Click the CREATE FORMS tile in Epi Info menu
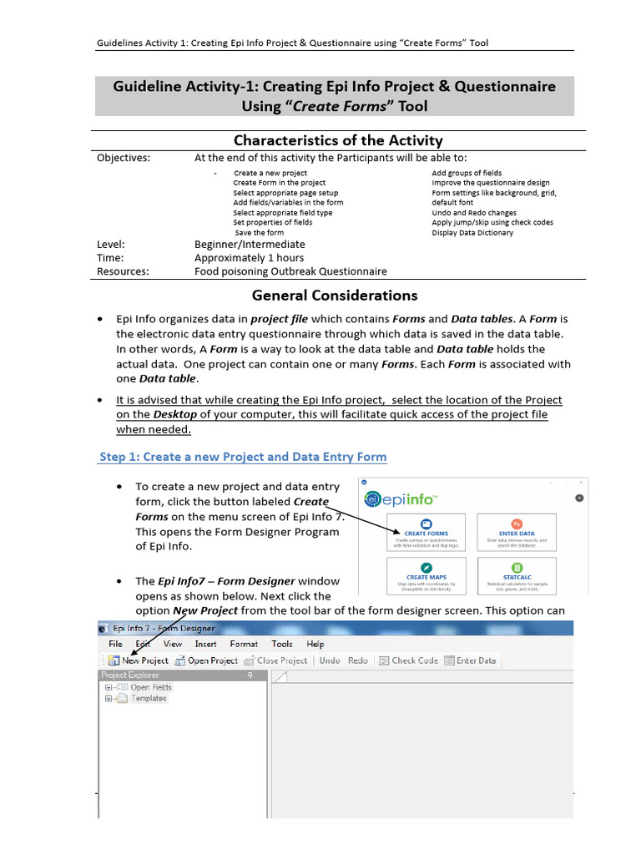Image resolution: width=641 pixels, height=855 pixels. tap(426, 532)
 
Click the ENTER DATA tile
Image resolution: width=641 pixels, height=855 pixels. tap(516, 532)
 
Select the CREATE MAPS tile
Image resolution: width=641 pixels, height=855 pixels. tap(426, 576)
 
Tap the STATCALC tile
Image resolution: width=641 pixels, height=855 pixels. tap(516, 576)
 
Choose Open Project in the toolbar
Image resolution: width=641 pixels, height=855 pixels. tap(206, 660)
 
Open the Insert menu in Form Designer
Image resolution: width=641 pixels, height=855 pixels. tap(205, 644)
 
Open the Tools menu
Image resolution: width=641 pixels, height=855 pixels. tap(282, 644)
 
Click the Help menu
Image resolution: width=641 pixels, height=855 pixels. tap(315, 644)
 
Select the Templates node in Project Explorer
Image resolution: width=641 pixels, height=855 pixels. tap(148, 698)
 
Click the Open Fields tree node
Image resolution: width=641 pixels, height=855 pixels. tap(150, 687)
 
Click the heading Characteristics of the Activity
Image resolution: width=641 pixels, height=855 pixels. tap(337, 140)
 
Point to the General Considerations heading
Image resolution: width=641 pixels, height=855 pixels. tap(335, 295)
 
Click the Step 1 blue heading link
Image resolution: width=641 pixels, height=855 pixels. tap(242, 457)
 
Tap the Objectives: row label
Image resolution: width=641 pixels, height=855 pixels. tap(124, 158)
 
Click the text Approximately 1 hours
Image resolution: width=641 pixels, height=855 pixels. tap(249, 258)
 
